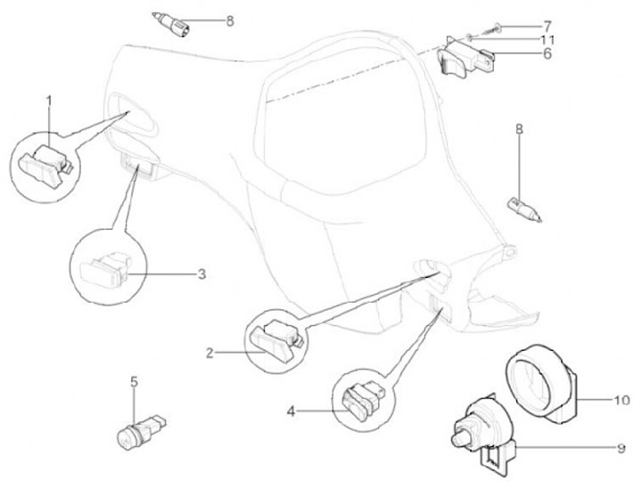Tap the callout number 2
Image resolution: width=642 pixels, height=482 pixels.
coord(210,353)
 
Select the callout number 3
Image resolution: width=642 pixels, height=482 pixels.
coord(202,274)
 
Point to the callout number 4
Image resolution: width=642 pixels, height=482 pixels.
coord(291,411)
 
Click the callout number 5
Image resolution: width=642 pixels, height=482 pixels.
coord(134,383)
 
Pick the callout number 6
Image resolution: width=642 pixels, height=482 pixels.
coord(546,54)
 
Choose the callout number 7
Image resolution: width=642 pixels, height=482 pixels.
coord(546,24)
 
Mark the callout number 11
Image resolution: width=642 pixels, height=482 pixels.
coord(546,39)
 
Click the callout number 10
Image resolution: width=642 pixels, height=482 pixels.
coord(621,400)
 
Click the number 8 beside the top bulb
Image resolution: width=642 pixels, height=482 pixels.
coord(229,20)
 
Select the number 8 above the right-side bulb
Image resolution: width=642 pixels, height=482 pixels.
coord(519,130)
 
